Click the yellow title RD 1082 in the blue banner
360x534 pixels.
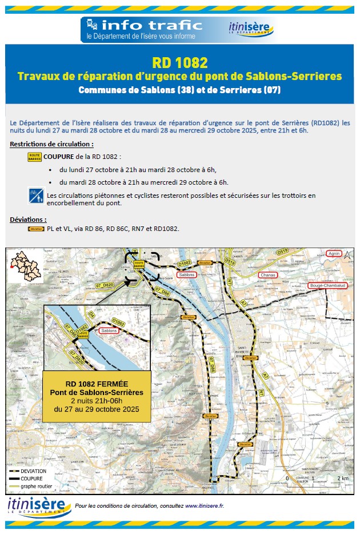coord(179,62)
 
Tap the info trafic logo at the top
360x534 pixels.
coord(142,29)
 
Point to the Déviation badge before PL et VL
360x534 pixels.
coord(36,229)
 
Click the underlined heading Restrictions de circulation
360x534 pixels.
coord(52,144)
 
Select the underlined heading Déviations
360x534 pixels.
coord(28,219)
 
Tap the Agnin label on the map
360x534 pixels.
coord(334,253)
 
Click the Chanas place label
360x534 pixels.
coord(267,275)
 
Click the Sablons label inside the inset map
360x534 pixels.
coord(109,330)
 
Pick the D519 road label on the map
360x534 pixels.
coord(282,252)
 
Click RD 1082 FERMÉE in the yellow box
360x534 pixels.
coord(97,384)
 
